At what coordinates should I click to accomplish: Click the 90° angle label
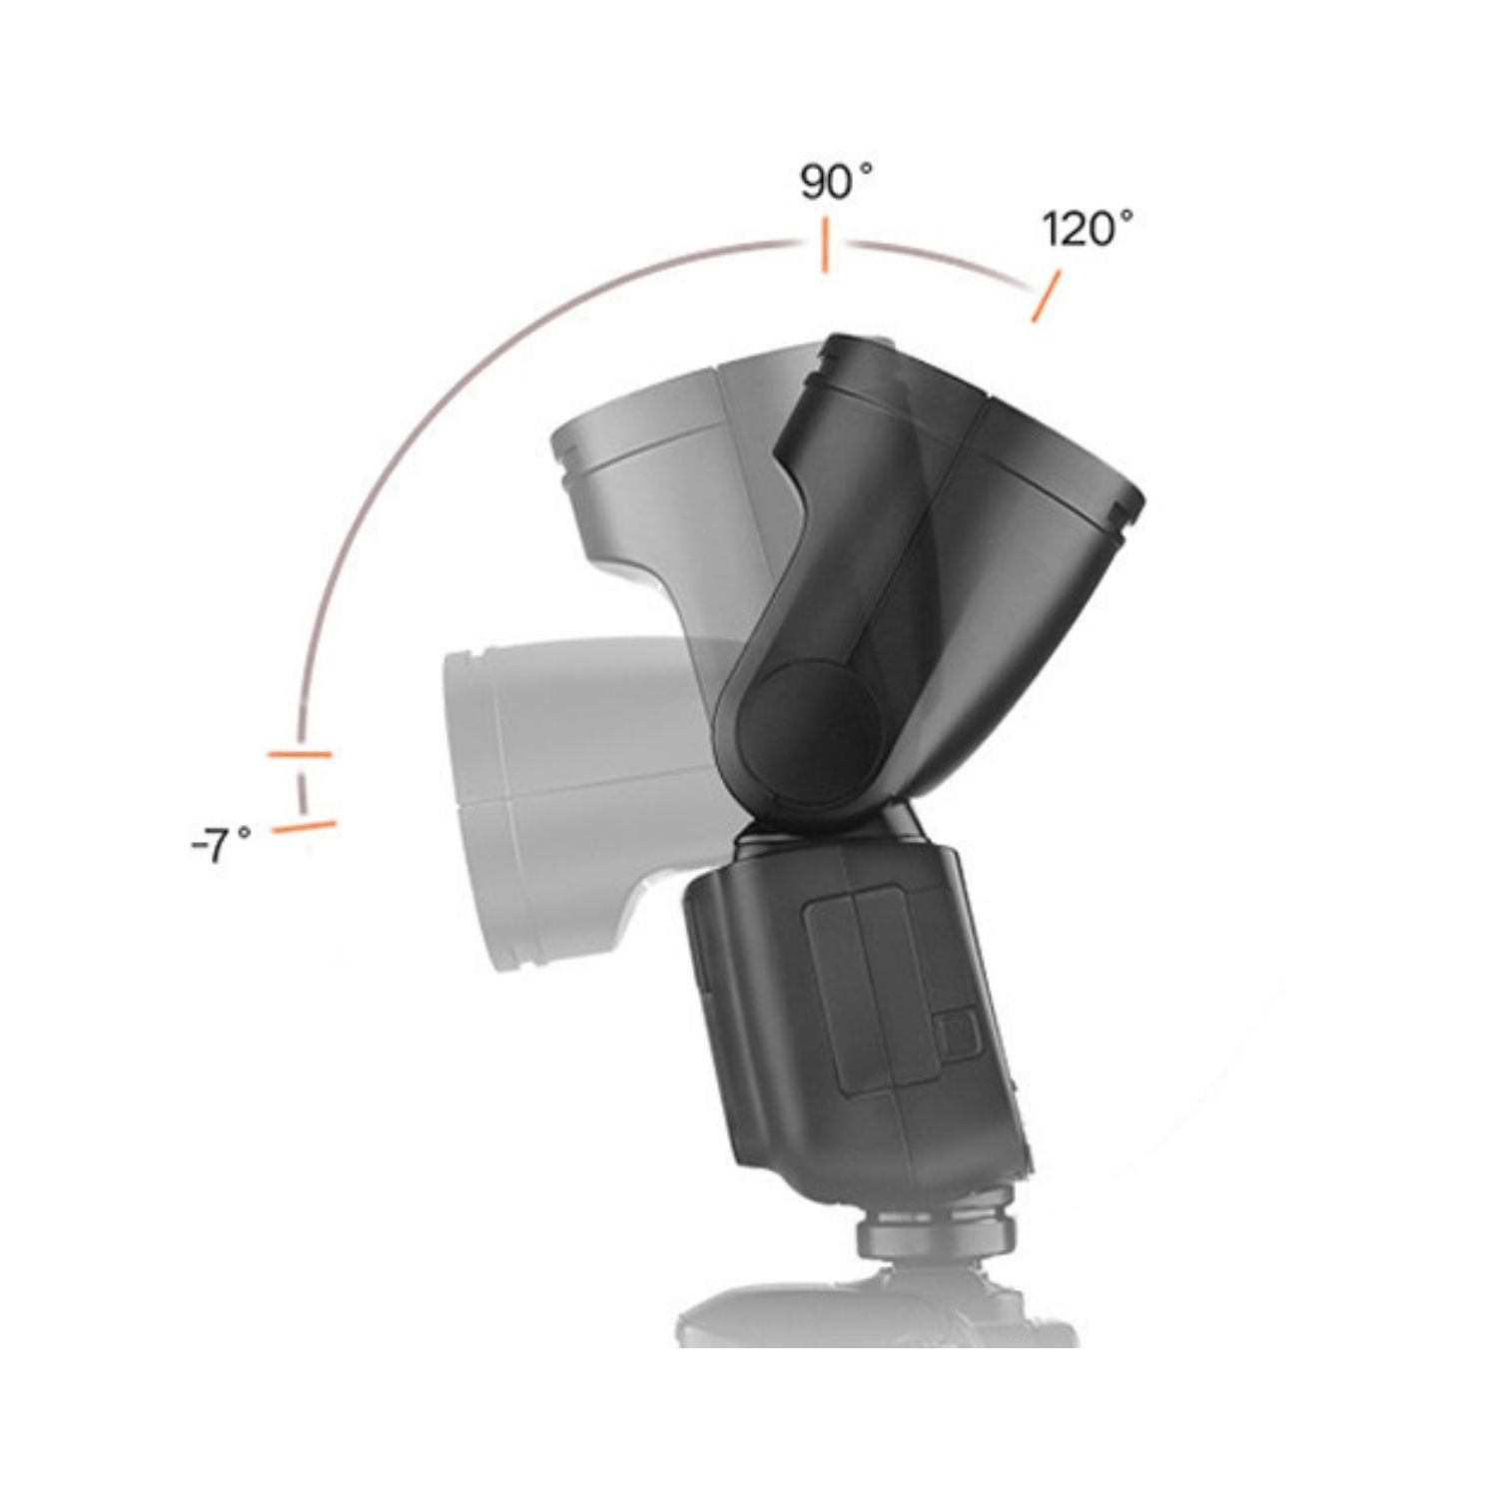pos(836,183)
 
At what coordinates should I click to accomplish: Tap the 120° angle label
pos(1088,230)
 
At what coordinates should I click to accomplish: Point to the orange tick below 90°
pos(823,248)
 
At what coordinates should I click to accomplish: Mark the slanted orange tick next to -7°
pos(304,827)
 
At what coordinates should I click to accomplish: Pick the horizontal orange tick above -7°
pos(300,754)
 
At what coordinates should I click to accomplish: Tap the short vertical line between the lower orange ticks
pos(301,790)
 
